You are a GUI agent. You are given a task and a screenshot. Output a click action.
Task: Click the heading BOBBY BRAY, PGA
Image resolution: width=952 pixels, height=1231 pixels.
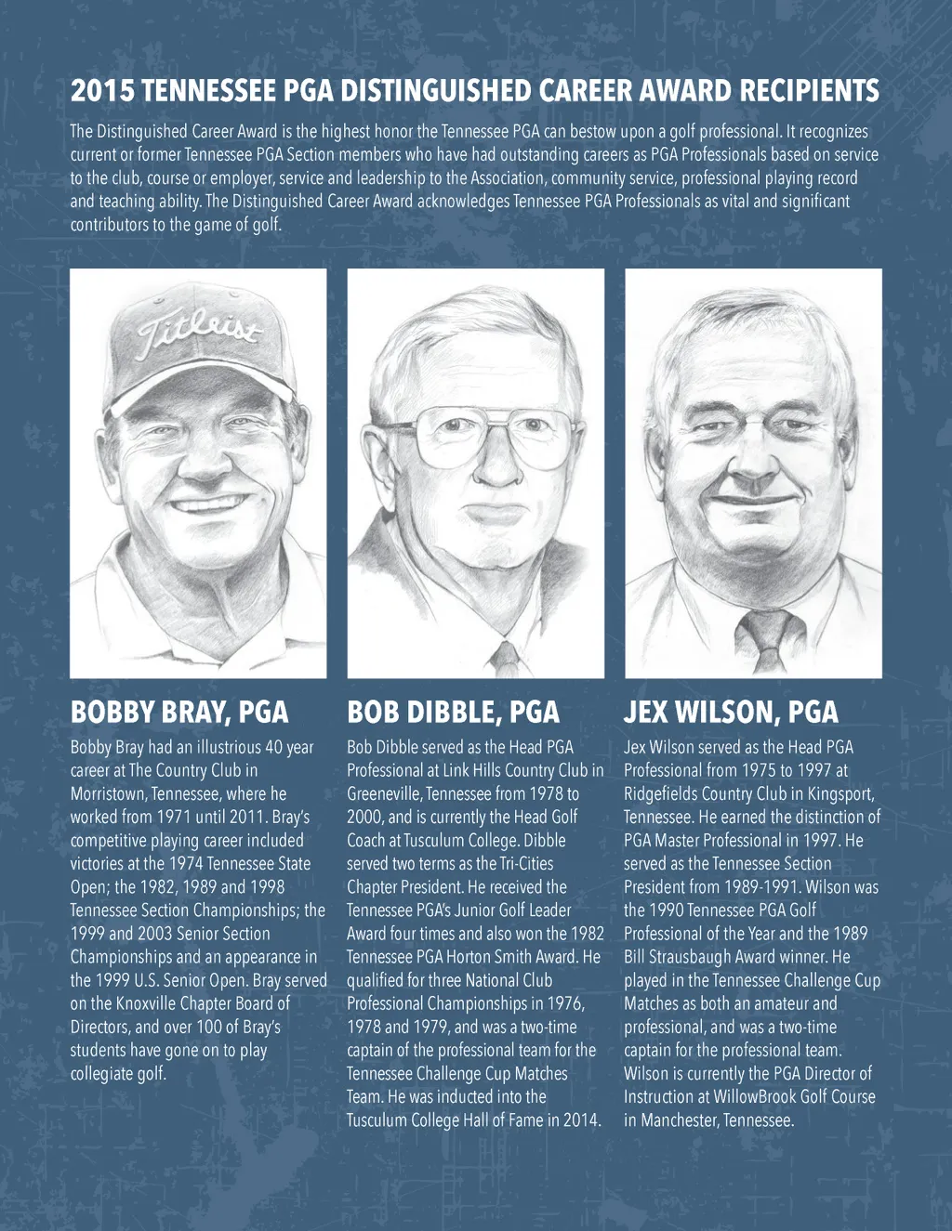[179, 713]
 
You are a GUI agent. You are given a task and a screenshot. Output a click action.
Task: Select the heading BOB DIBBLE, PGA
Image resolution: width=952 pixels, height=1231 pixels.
[453, 713]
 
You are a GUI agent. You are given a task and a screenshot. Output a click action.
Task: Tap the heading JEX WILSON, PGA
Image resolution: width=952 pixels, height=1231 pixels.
[731, 713]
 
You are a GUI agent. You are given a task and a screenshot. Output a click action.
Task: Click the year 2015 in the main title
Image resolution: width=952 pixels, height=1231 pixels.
[102, 91]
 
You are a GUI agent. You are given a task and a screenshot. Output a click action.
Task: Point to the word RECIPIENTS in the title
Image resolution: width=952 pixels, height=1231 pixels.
[809, 91]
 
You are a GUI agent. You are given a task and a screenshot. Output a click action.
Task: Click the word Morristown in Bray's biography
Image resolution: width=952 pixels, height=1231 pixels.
[106, 794]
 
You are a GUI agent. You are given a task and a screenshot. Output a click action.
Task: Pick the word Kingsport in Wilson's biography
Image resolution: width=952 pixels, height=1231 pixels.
[836, 794]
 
